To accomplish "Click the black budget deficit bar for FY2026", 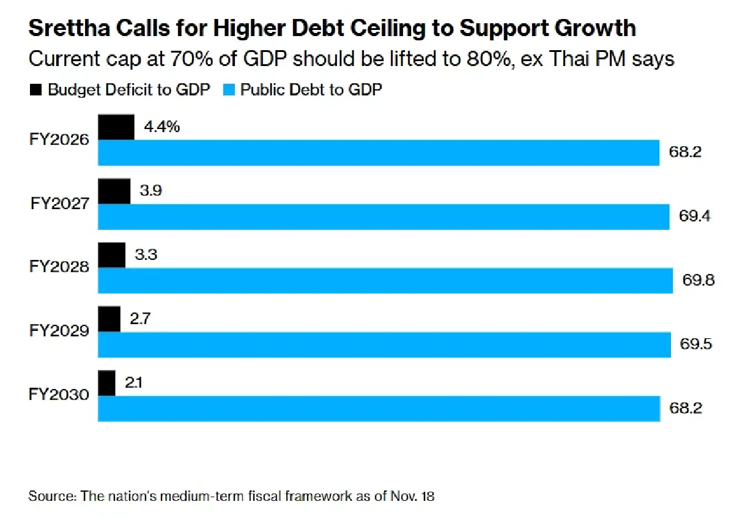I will click(116, 127).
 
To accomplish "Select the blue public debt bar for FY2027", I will click(384, 216).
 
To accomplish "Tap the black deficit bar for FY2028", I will click(112, 254).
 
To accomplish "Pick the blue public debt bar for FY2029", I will click(384, 344).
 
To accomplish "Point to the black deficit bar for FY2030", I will click(107, 383).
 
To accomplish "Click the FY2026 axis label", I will click(59, 139).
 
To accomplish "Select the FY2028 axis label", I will click(59, 267).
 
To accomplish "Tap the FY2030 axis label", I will click(59, 395).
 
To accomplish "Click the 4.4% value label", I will click(161, 127).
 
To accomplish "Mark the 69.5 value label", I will click(696, 344).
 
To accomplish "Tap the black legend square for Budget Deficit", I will click(35, 90).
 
